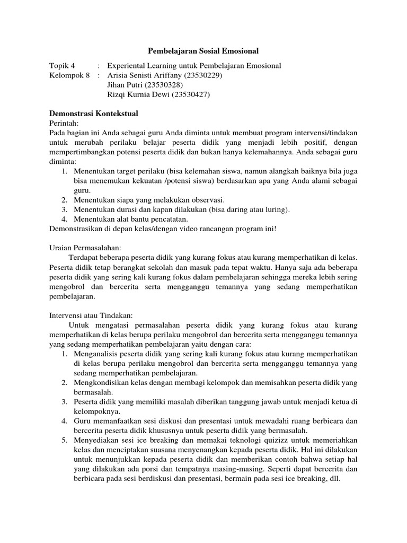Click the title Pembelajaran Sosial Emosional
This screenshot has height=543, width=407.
[202, 51]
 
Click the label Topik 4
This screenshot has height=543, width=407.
[63, 66]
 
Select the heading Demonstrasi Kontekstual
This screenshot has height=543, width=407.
[94, 113]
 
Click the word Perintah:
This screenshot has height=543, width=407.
[63, 122]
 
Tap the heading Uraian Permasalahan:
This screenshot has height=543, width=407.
[85, 247]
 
